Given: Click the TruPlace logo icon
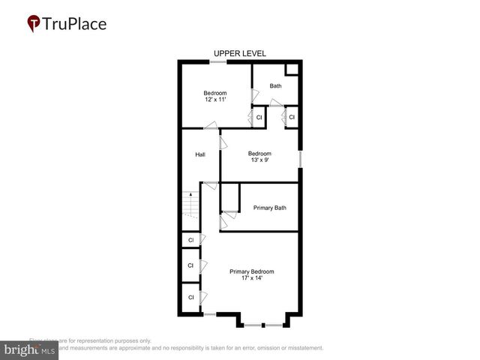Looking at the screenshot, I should click(34, 24).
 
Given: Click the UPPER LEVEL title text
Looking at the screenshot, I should click(239, 53).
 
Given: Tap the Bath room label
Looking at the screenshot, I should click(276, 85).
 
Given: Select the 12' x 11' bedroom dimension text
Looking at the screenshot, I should click(215, 99).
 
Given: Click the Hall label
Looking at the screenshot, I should click(200, 154).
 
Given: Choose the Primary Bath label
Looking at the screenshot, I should click(269, 208).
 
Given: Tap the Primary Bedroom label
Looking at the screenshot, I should click(251, 271).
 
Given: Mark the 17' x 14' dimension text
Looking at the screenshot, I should click(251, 279).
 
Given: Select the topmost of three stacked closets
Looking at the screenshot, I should click(190, 240).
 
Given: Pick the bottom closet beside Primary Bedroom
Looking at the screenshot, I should click(190, 297).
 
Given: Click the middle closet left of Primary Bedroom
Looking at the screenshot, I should click(190, 265).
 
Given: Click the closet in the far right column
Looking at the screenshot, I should click(292, 118).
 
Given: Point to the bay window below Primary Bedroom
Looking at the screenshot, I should click(262, 325).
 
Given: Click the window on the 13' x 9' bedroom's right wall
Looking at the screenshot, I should click(300, 160).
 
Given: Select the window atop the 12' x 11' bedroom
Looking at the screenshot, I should click(215, 61).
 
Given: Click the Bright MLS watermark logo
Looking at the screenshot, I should click(29, 350).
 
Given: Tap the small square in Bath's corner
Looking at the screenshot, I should click(292, 70).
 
